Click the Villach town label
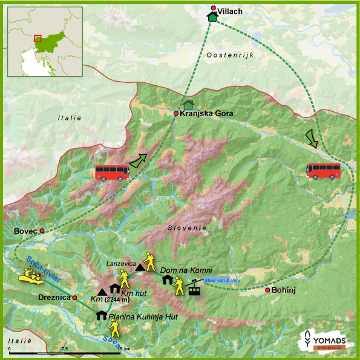(x=230, y=9)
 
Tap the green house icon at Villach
(x=212, y=17)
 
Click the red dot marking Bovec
(x=42, y=231)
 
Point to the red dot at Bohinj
(x=267, y=290)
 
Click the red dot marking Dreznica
(x=74, y=298)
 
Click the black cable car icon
(x=194, y=287)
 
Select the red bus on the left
(x=113, y=173)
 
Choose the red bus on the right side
(x=323, y=171)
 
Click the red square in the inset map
(x=38, y=38)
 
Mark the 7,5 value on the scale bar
(x=65, y=349)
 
